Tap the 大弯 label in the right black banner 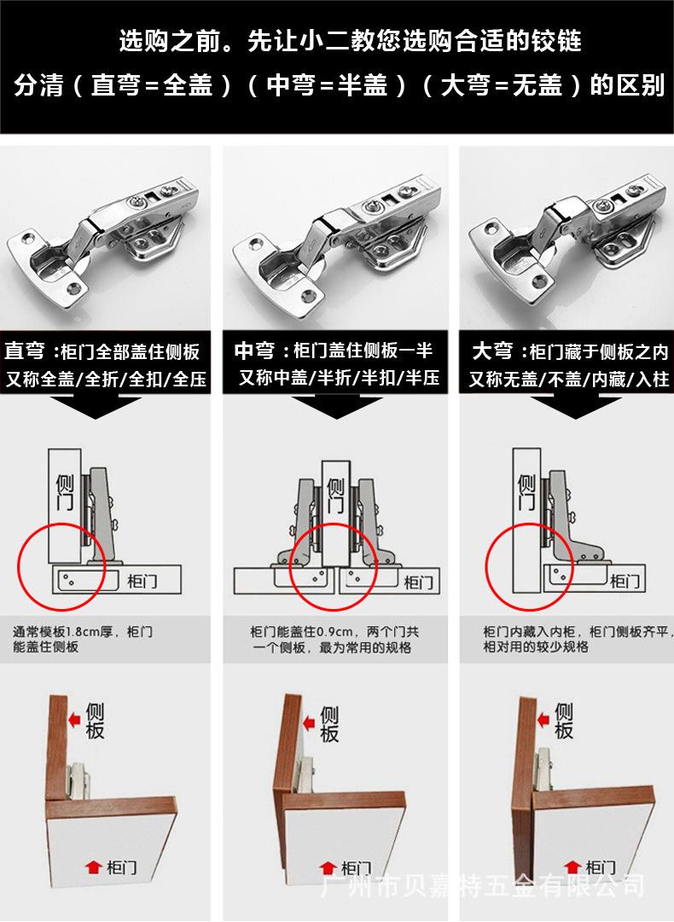pyautogui.click(x=492, y=351)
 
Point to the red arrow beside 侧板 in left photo pyautogui.click(x=75, y=721)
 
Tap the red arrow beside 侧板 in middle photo pyautogui.click(x=308, y=721)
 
